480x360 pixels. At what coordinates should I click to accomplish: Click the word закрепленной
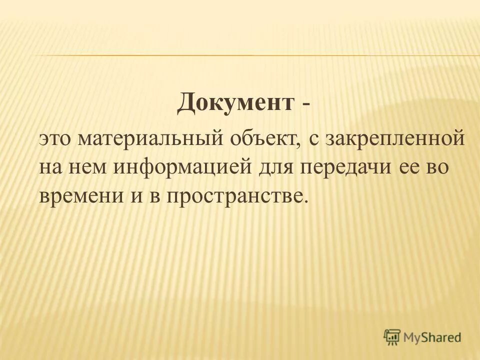point(395,139)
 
